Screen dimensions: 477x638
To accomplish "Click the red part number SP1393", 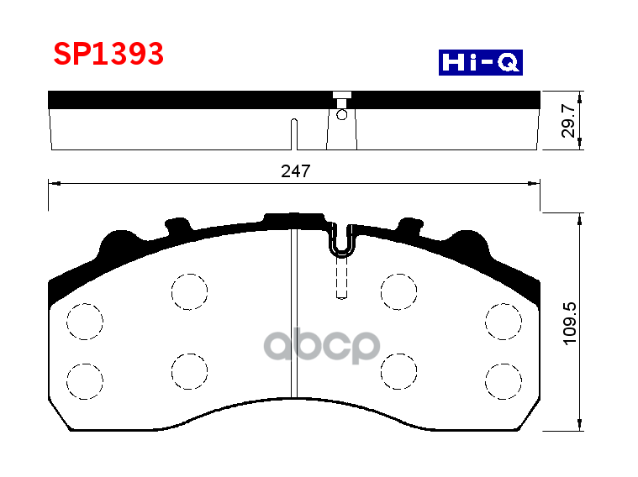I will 108,55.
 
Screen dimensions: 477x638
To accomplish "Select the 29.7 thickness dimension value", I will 569,121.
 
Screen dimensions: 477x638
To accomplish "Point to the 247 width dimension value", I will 295,171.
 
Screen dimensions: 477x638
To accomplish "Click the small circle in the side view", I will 342,114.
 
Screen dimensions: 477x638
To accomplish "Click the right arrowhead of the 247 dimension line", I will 535,181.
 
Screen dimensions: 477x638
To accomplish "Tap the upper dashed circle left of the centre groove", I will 189,291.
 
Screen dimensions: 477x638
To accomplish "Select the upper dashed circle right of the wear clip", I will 398,291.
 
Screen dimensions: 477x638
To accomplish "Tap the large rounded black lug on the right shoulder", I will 467,244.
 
